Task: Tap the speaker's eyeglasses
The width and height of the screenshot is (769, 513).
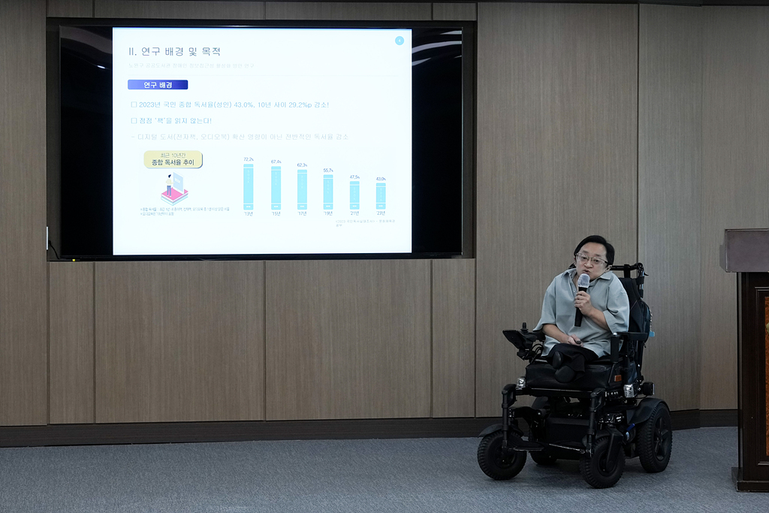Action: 591,260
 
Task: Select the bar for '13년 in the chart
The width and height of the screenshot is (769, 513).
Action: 248,186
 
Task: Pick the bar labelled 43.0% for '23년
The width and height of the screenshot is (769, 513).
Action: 381,195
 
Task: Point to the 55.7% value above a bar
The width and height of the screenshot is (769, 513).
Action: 328,170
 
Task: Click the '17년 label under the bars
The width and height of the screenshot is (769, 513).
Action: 302,213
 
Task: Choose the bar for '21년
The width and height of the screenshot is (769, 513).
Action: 354,195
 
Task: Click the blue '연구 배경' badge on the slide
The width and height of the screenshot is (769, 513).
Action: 158,85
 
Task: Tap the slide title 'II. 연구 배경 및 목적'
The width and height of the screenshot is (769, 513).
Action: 175,51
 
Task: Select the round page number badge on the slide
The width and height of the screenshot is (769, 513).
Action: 400,41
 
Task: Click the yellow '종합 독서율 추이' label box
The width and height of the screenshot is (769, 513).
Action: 173,159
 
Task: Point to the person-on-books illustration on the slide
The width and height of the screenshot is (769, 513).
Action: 174,189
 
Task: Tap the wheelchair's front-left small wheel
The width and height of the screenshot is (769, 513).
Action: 502,455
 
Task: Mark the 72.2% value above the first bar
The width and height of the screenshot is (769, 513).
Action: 249,159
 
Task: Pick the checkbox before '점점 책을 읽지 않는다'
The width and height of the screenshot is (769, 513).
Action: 134,120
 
